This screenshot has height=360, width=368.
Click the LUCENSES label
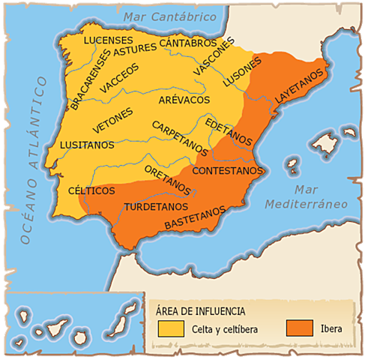click(108, 39)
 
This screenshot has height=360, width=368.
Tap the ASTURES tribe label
click(136, 49)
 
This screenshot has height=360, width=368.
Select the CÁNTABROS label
click(187, 43)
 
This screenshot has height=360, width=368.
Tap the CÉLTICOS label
click(91, 190)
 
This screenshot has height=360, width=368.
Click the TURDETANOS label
click(154, 205)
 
